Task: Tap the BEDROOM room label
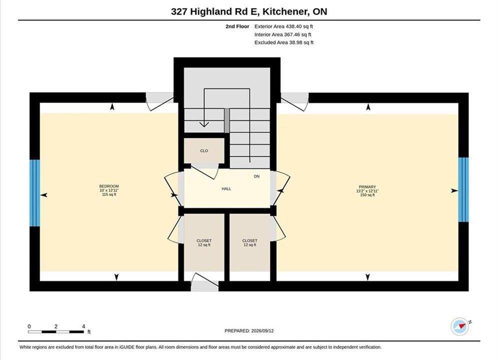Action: click(109, 186)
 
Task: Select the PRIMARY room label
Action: click(367, 187)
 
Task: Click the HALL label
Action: click(226, 188)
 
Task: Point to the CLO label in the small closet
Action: click(204, 150)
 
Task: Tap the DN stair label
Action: click(257, 176)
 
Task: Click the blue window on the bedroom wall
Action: click(35, 193)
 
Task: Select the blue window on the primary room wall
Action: click(463, 189)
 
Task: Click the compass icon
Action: click(459, 326)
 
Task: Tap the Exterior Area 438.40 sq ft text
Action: click(284, 26)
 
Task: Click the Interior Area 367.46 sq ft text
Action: click(283, 34)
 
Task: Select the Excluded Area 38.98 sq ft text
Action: click(284, 42)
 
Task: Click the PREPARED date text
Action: click(249, 331)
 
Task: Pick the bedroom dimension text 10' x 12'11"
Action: click(109, 190)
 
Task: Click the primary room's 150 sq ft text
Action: click(367, 195)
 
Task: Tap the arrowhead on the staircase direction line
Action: click(204, 124)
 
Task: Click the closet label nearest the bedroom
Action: click(204, 240)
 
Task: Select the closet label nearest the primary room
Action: click(250, 240)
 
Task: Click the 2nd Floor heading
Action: click(237, 26)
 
